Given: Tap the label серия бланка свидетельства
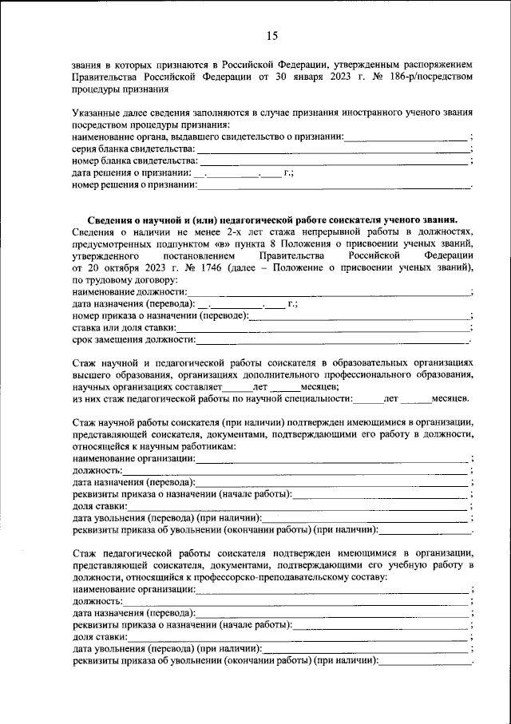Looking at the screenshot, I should [133, 148].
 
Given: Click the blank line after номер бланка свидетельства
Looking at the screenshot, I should [334, 161].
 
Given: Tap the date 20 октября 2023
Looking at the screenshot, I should [119, 267].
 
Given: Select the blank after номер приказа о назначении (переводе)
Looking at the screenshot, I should [359, 315].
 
